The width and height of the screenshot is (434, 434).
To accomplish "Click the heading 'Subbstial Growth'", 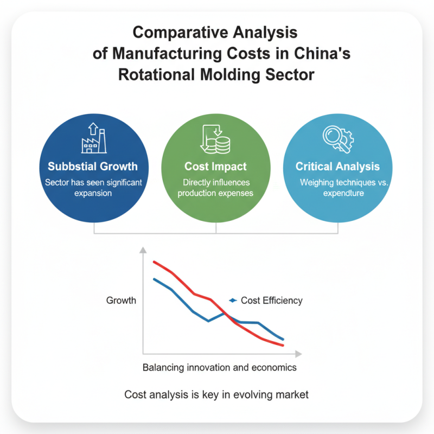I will pos(93,167).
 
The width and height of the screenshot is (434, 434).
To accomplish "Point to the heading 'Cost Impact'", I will pos(215,167).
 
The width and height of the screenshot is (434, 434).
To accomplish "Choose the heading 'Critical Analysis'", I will pos(337,167).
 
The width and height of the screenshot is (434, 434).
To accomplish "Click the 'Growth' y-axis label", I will pos(121,300).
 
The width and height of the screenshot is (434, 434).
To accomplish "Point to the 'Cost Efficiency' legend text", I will pos(271,300).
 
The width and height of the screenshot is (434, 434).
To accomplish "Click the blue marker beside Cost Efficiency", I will pos(233,300).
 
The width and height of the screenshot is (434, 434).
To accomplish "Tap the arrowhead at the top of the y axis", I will pos(143,250).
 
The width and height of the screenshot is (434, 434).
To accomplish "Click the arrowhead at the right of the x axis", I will pos(298,353).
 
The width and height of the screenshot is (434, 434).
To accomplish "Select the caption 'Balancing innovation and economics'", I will pos(219,367).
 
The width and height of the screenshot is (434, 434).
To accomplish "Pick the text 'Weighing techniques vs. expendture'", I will pos(337,188).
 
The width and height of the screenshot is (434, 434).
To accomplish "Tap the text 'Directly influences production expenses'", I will pos(215,188).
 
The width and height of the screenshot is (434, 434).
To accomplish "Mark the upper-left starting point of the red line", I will pos(154,261).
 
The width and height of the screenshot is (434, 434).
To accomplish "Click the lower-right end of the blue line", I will pos(283,340).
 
